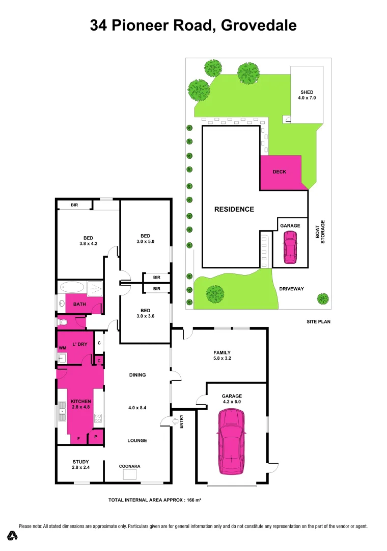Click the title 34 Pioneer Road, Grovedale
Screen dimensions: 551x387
tap(193, 25)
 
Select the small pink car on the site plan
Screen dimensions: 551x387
tap(290, 247)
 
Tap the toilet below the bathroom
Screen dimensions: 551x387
tap(62, 322)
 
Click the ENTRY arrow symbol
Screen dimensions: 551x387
tap(176, 421)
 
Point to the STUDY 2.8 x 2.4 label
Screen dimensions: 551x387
tap(80, 464)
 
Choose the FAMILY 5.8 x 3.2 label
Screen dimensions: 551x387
tap(222, 356)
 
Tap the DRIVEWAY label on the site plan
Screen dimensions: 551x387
tap(291, 289)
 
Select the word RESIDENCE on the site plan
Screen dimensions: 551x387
tap(234, 209)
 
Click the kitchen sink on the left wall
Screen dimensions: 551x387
tap(63, 409)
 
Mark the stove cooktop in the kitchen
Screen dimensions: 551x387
tap(98, 419)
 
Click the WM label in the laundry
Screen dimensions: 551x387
tap(63, 348)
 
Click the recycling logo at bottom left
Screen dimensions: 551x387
tap(13, 536)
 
